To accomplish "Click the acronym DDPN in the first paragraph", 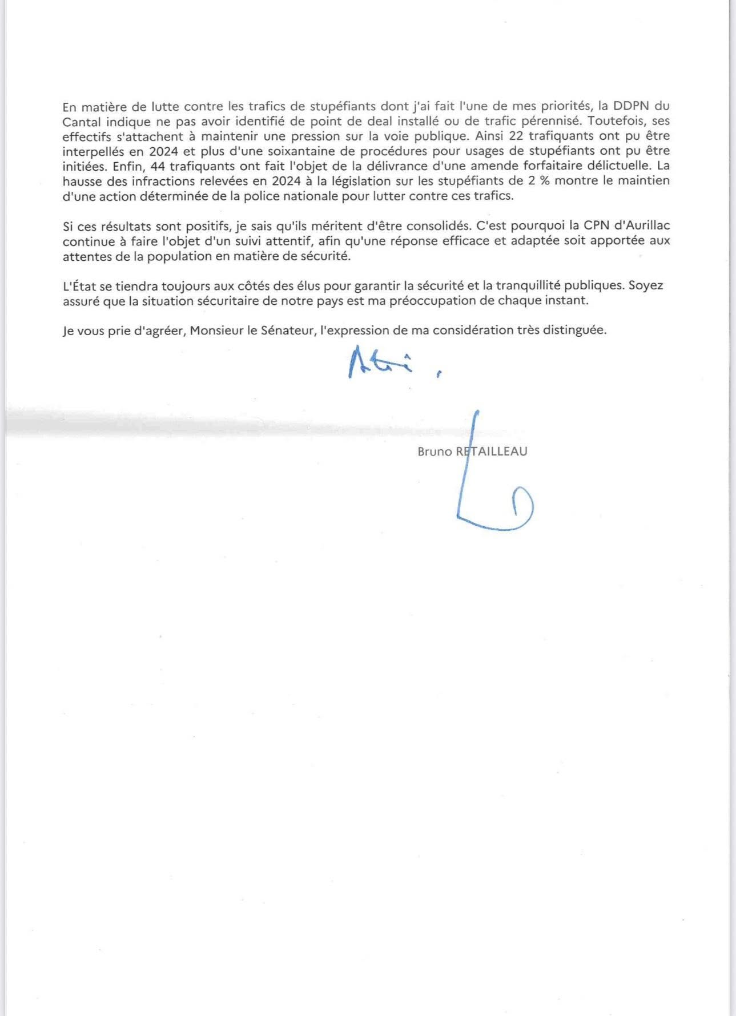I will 633,106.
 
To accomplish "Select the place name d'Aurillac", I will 644,225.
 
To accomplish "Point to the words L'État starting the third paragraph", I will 79,286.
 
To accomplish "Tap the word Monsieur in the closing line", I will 215,330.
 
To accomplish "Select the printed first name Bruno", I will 435,451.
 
